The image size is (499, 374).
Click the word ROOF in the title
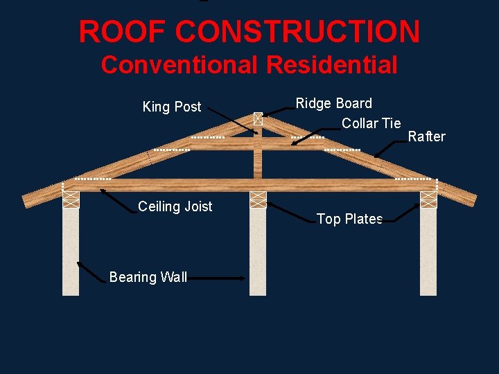[122, 32]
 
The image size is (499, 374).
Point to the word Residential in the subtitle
[331, 65]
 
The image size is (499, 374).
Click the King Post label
[171, 107]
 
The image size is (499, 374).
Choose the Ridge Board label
[333, 103]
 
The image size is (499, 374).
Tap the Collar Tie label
[371, 123]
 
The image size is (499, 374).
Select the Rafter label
[426, 136]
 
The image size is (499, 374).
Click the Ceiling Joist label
[175, 206]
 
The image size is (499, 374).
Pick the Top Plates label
[349, 219]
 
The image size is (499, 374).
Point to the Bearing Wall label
[148, 277]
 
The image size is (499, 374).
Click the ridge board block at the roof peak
[258, 118]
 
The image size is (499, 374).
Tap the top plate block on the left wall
[71, 199]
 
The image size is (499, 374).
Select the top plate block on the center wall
[258, 199]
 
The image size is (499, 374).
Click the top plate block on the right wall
[428, 199]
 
